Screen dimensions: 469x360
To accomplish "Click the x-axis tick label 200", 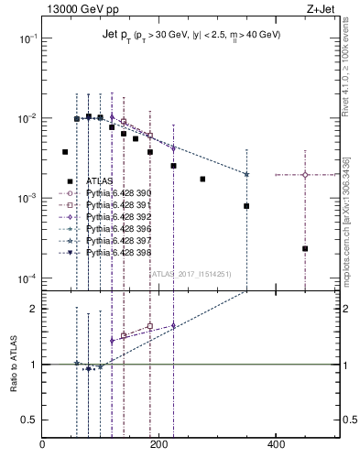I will [158, 446].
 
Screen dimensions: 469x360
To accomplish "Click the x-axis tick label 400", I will [276, 446].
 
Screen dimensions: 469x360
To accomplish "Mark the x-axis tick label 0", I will [42, 446].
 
